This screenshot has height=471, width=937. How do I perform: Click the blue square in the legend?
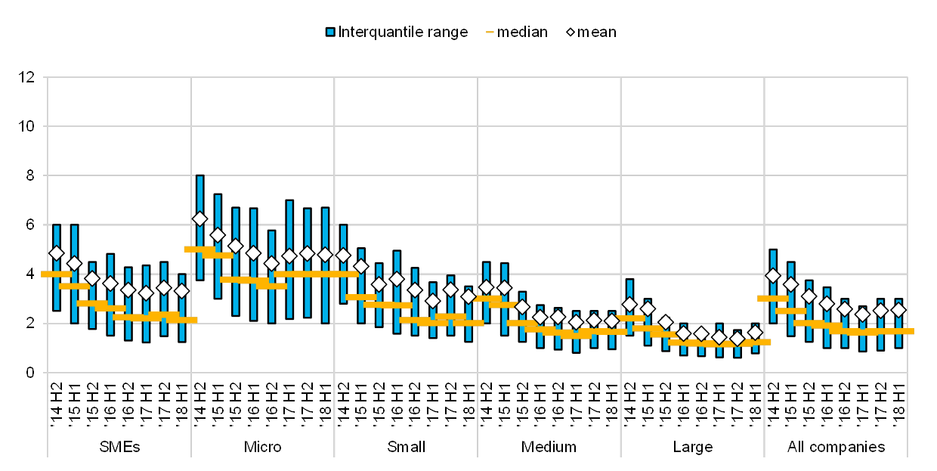click(x=330, y=32)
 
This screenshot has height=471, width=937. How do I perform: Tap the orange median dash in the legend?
click(x=490, y=32)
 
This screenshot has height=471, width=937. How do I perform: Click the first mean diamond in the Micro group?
click(x=199, y=218)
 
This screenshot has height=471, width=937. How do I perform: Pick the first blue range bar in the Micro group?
click(x=199, y=227)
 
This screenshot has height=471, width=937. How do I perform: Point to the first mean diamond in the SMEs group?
click(x=57, y=253)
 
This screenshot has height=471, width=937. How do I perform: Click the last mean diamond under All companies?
click(x=898, y=309)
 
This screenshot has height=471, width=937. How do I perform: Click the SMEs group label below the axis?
click(x=119, y=447)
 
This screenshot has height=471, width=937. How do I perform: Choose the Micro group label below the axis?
click(x=263, y=447)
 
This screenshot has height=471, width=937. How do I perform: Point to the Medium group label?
click(x=549, y=447)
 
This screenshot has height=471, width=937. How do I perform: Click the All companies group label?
click(x=836, y=447)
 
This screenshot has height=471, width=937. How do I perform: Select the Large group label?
click(x=693, y=447)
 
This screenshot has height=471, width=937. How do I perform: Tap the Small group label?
click(x=406, y=447)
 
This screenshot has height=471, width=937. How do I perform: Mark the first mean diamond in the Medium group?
click(x=487, y=287)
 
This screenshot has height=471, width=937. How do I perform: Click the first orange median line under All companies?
click(x=772, y=299)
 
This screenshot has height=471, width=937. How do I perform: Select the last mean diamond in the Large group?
click(x=755, y=332)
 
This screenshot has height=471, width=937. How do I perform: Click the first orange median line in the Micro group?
click(x=199, y=249)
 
